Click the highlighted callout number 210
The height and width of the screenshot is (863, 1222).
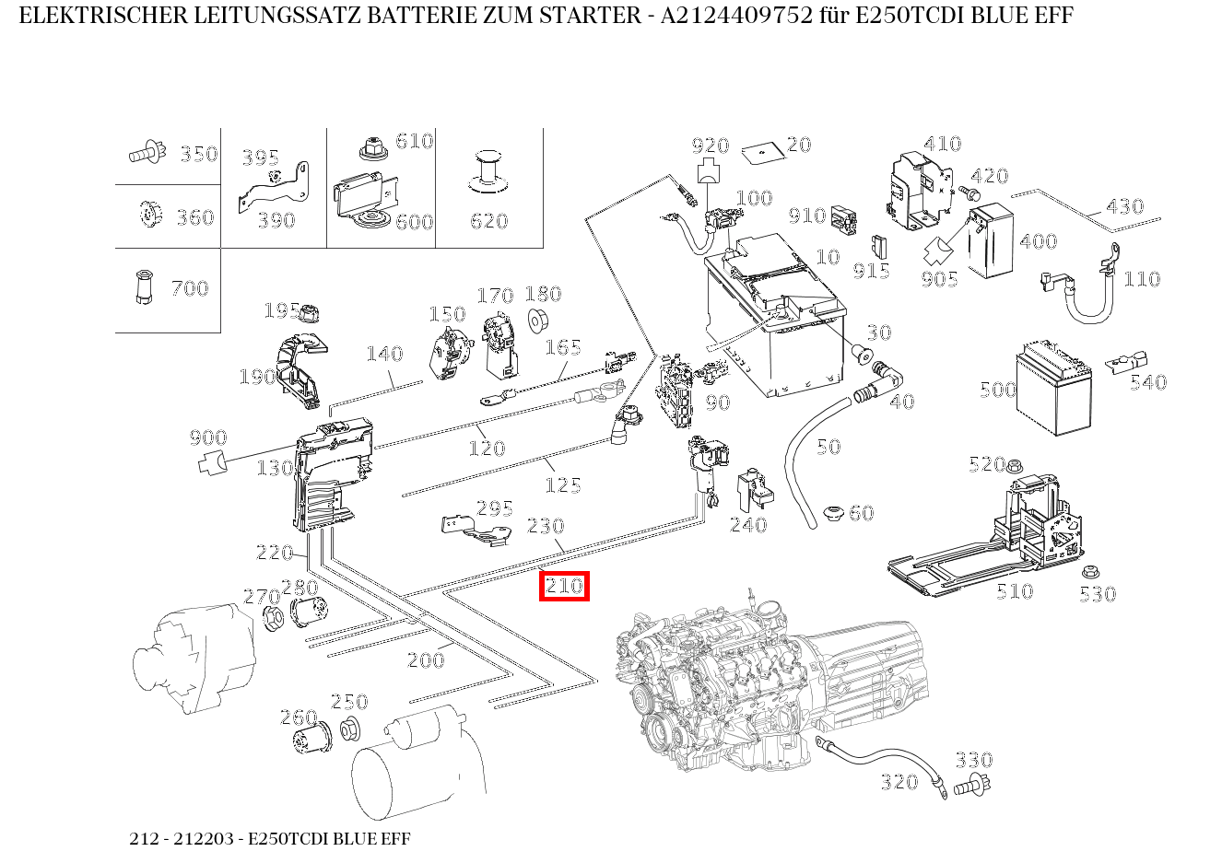point(564,586)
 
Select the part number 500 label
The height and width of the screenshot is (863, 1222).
point(998,390)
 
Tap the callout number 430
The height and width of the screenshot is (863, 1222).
point(1124,206)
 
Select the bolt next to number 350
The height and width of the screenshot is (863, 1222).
point(147,153)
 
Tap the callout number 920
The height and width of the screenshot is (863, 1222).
point(711,146)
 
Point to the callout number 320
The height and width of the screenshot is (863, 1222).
point(899,782)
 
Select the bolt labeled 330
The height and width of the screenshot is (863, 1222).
point(969,787)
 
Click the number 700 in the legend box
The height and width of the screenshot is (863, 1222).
point(190,288)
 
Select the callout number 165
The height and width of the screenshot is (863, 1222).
point(562,347)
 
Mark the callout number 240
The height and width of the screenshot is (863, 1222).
point(747,525)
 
